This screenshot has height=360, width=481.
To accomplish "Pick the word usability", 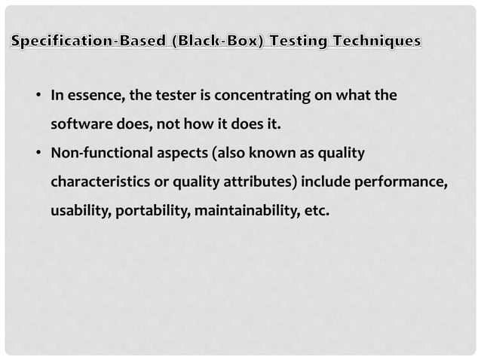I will point(81,210).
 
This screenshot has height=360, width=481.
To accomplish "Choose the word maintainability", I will point(244,210).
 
